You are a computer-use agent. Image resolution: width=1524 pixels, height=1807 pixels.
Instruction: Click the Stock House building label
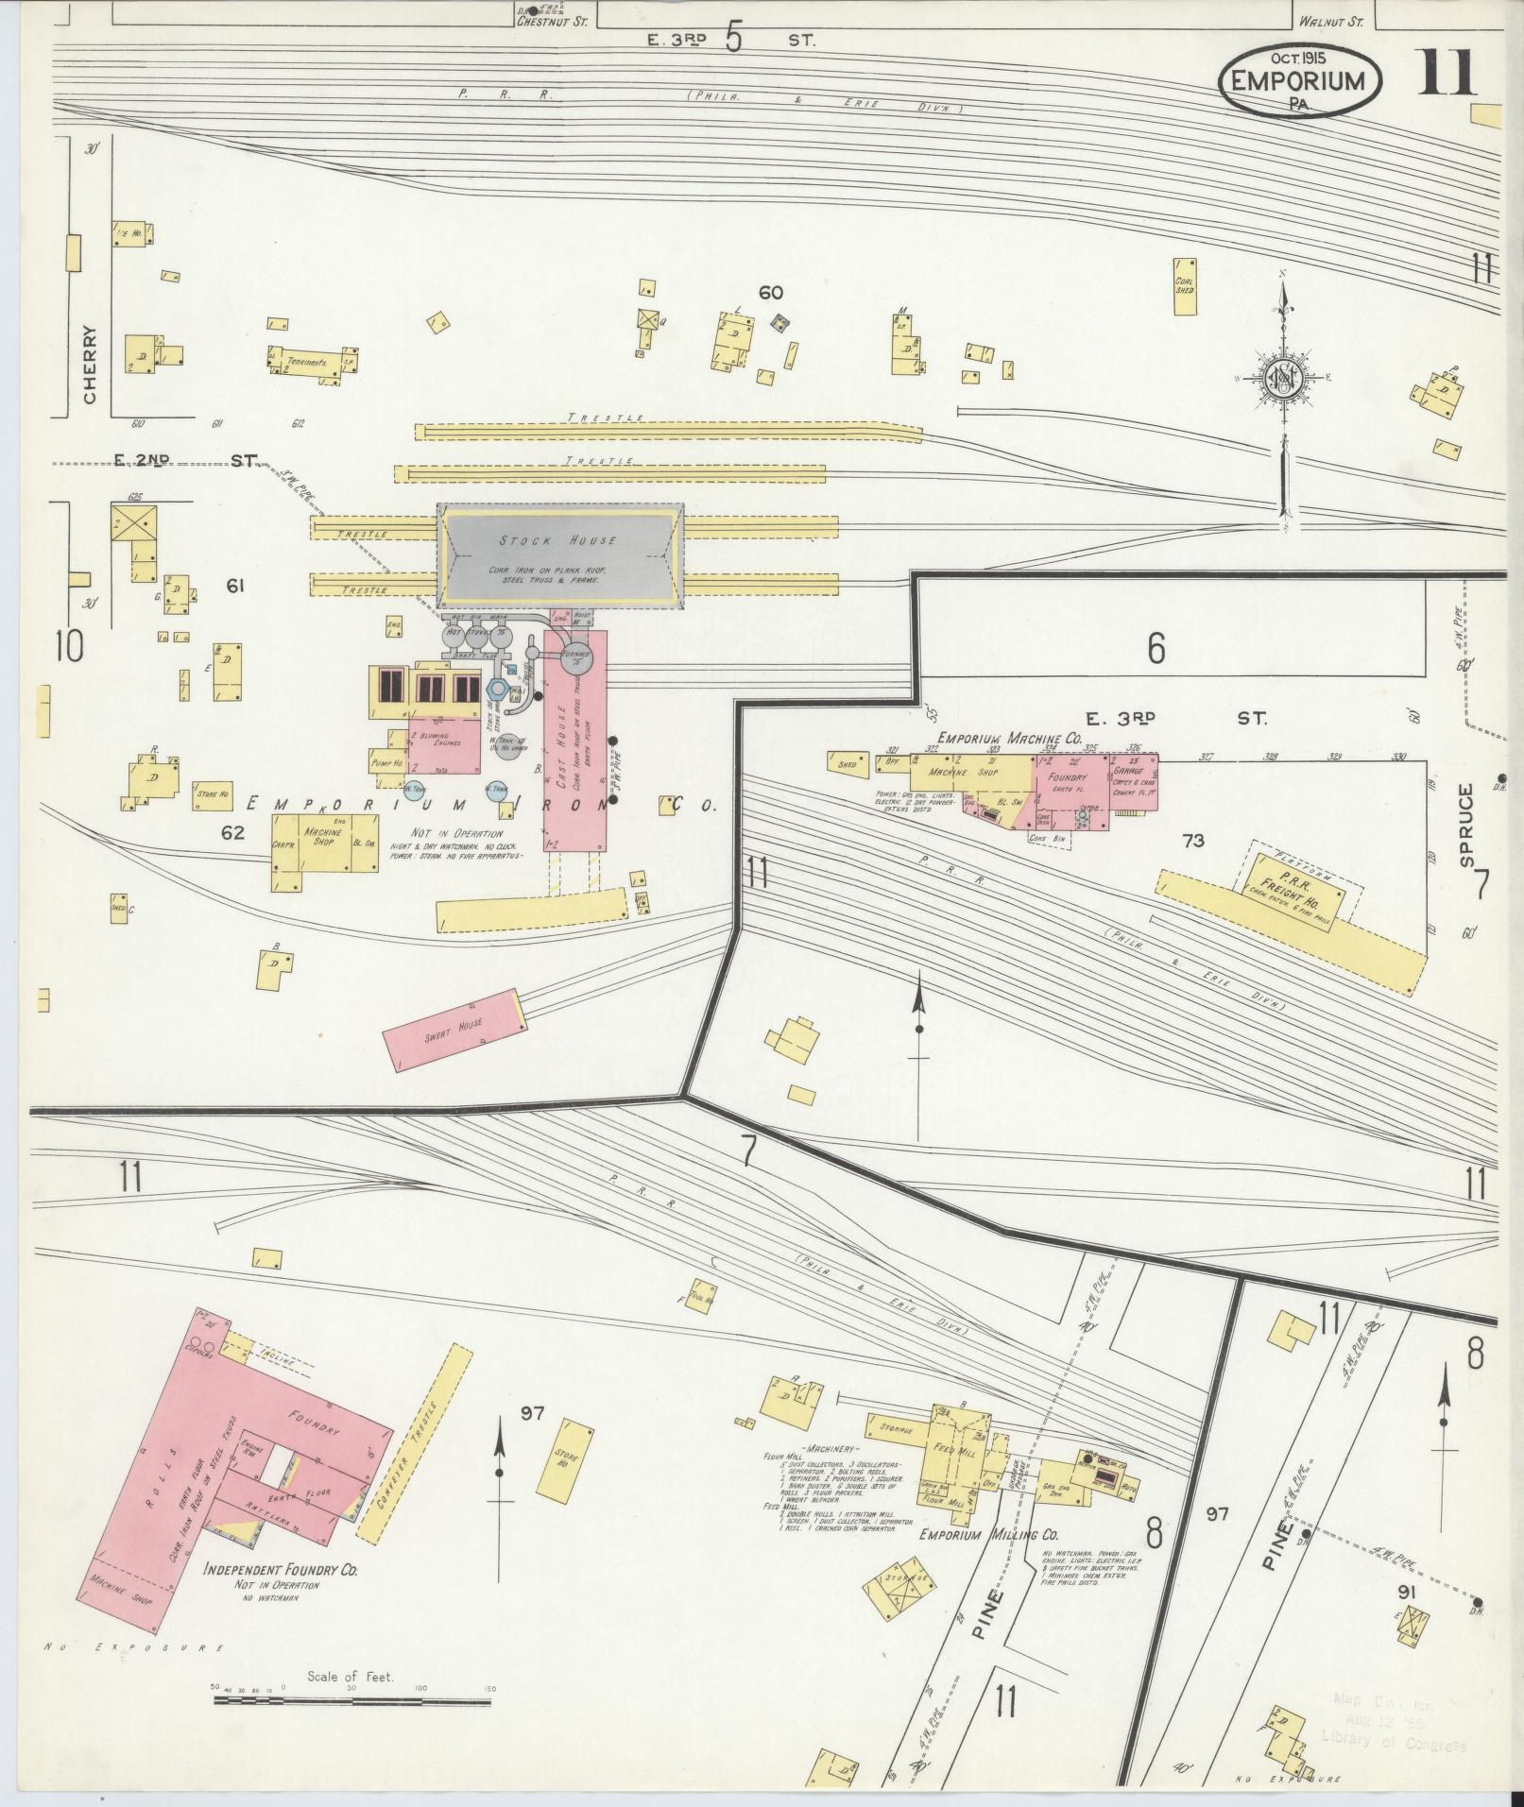[x=558, y=540]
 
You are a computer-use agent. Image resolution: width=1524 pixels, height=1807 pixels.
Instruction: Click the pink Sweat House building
[x=454, y=1029]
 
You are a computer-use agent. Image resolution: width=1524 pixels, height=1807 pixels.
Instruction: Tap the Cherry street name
[x=91, y=365]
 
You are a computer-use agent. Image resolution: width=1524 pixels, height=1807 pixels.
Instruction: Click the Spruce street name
[x=1465, y=811]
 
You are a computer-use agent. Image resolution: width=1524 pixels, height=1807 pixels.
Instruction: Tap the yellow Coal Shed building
[x=1185, y=283]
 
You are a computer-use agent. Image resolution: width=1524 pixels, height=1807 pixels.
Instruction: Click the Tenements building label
[x=307, y=362]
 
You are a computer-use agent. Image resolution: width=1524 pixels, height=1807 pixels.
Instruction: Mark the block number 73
[x=1193, y=839]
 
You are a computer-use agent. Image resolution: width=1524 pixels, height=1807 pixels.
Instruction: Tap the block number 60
[x=770, y=293]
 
